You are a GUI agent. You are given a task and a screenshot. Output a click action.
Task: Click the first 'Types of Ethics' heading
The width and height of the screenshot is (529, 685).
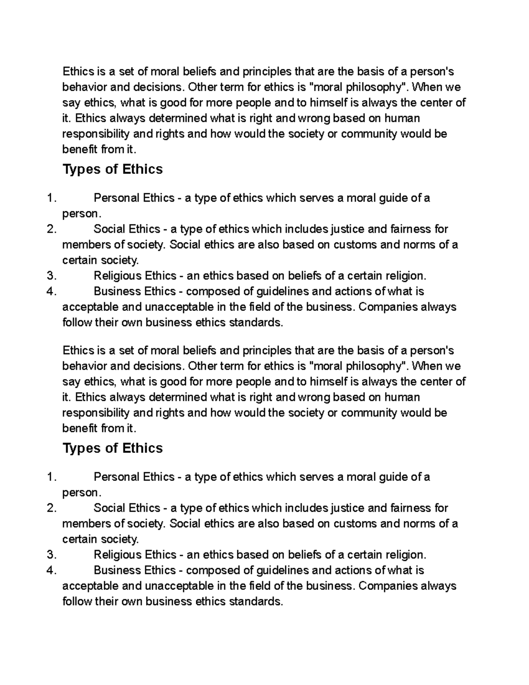113,169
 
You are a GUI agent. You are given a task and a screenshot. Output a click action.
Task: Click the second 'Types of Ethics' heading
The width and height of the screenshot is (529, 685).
113,448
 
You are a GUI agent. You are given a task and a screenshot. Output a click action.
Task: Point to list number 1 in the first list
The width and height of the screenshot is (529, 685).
52,198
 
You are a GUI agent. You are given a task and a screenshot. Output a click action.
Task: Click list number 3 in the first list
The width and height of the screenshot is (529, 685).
52,276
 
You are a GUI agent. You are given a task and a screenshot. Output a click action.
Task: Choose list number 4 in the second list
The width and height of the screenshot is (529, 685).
52,570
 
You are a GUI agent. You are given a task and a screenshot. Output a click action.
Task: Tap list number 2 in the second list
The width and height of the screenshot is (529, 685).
52,508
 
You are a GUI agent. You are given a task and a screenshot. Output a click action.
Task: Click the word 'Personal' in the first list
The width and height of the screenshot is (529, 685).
116,198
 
